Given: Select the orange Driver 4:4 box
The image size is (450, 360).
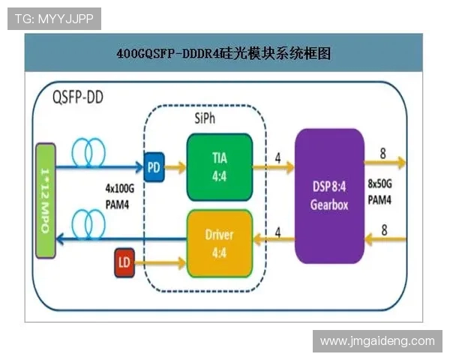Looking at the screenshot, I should coord(219,243).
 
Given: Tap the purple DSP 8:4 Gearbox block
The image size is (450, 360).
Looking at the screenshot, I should coord(329,196).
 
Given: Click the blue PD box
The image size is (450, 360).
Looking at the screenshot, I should coord(154,164).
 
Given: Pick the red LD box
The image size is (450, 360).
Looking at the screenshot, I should coord(125,262).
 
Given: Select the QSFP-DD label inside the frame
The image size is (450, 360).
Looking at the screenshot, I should coord(78,98).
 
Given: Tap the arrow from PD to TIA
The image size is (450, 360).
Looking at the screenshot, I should coord(175,164).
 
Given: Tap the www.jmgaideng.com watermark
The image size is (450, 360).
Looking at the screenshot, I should coord(377,341).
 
